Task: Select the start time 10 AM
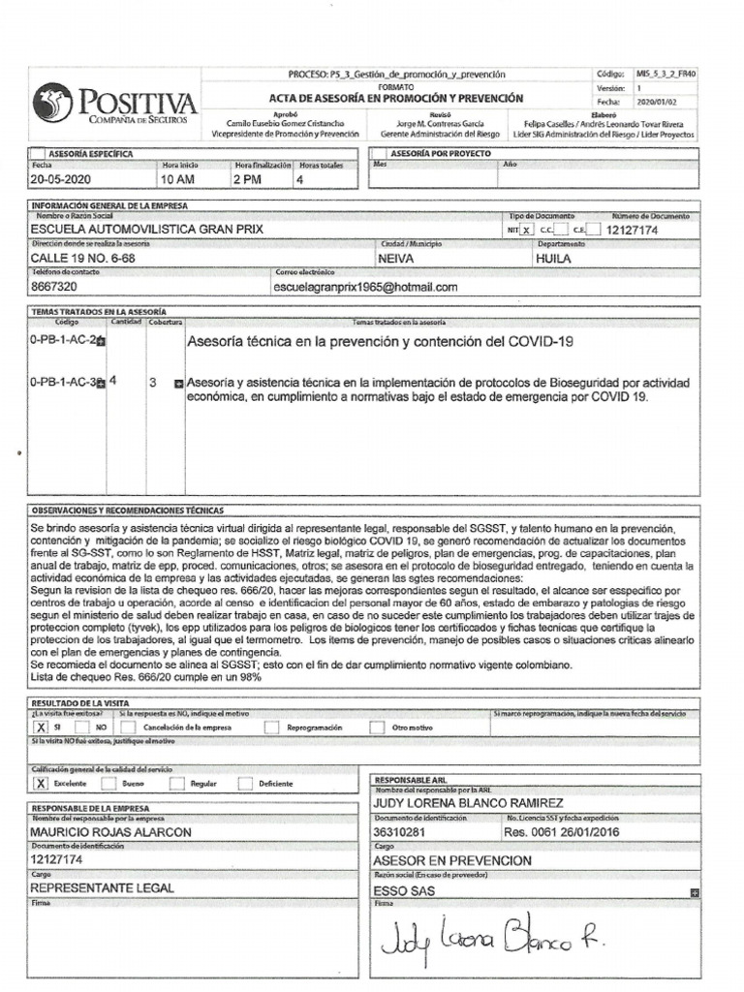coord(178,180)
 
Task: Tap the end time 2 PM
coord(247,180)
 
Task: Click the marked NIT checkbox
coord(526,231)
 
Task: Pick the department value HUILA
coord(553,259)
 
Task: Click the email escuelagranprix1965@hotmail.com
coord(365,288)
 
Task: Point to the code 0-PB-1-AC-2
coord(64,341)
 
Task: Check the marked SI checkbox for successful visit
coord(41,726)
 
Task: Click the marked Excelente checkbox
coord(41,783)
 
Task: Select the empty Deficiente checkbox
coord(245,783)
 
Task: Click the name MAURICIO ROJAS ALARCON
coord(110,831)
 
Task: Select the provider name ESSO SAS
coord(403,889)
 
